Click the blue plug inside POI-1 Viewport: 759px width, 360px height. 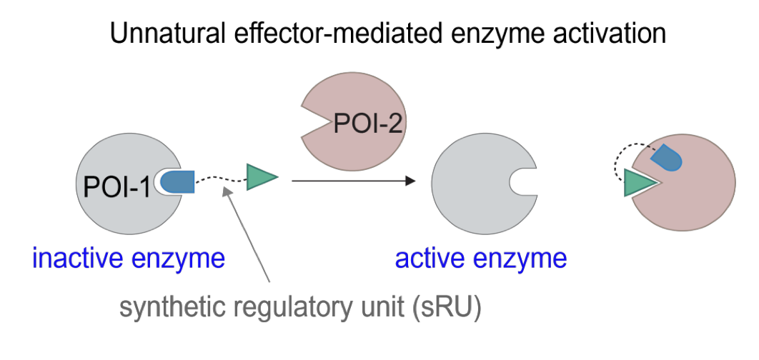click(177, 182)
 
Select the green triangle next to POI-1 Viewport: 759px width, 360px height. click(260, 176)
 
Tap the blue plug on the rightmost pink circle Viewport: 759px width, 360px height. click(666, 158)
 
